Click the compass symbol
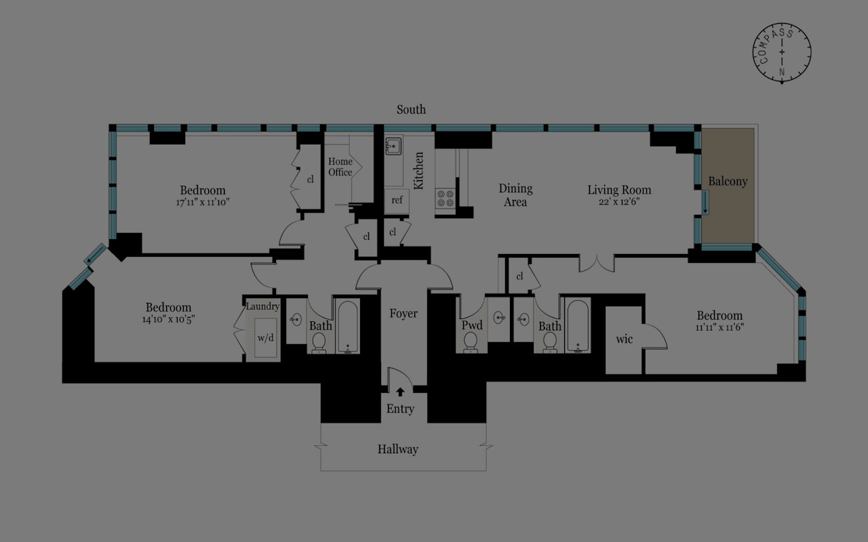(x=782, y=53)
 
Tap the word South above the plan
(x=411, y=109)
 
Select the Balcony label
(x=728, y=182)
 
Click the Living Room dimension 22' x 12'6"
(x=619, y=202)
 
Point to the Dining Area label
(x=515, y=195)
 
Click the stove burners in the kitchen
(x=446, y=199)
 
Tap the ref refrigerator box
(x=397, y=200)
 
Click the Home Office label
(x=340, y=167)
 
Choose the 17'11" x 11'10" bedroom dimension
(x=202, y=202)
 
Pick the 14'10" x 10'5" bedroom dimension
(x=168, y=319)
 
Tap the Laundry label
(x=262, y=306)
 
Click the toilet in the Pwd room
(x=471, y=343)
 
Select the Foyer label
(x=403, y=314)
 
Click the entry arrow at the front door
(x=400, y=392)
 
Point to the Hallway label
(x=397, y=449)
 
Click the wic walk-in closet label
(x=624, y=339)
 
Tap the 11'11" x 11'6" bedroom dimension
(x=719, y=327)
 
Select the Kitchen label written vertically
(x=419, y=170)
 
